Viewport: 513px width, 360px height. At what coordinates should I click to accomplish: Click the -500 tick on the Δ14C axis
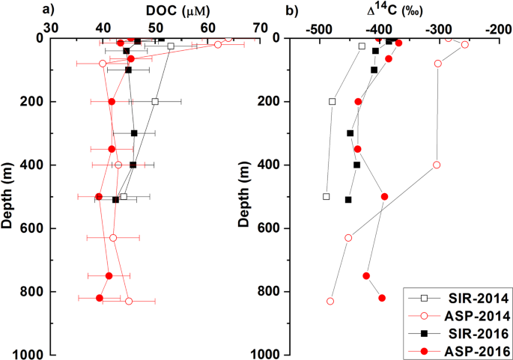pyautogui.click(x=320, y=27)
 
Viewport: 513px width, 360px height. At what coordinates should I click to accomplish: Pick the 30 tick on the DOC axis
pyautogui.click(x=51, y=27)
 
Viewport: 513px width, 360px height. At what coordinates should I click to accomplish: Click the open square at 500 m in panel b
pyautogui.click(x=327, y=197)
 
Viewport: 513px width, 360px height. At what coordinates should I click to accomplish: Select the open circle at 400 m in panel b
pyautogui.click(x=437, y=165)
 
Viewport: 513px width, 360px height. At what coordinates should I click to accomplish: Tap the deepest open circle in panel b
pyautogui.click(x=330, y=301)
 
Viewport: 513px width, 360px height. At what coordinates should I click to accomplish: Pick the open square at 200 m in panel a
pyautogui.click(x=155, y=101)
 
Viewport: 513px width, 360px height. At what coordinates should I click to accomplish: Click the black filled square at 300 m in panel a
pyautogui.click(x=134, y=133)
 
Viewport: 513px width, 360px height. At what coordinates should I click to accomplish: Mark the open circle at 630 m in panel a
pyautogui.click(x=113, y=238)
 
